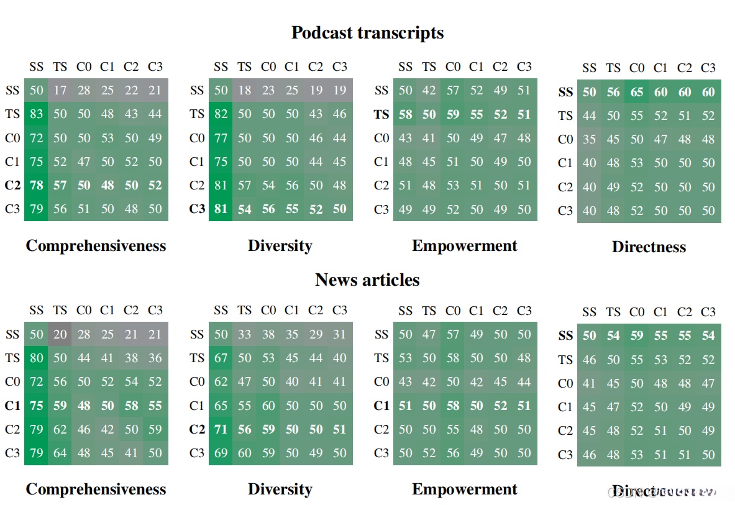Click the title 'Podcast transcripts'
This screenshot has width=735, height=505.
click(367, 32)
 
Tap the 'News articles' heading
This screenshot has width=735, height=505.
click(367, 280)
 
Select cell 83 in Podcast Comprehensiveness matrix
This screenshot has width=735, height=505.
click(37, 114)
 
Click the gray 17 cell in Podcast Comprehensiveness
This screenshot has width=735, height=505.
click(60, 91)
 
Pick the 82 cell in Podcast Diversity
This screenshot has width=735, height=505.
click(221, 114)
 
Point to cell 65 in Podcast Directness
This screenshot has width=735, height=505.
click(637, 92)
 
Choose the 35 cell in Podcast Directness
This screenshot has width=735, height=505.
click(589, 139)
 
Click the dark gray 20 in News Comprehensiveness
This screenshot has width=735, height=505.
click(60, 334)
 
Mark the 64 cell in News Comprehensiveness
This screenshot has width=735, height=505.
click(60, 453)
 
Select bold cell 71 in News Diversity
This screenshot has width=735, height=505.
click(221, 429)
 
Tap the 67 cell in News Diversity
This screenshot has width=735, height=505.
click(221, 358)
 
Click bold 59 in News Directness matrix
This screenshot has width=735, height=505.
click(637, 335)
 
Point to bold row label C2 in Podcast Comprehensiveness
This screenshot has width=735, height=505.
click(12, 185)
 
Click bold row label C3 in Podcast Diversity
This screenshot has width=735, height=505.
click(197, 209)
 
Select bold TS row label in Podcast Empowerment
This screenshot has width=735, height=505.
click(381, 114)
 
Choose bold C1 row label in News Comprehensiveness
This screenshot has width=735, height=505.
click(12, 406)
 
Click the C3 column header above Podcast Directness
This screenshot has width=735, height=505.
click(708, 68)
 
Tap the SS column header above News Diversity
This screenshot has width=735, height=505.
click(221, 310)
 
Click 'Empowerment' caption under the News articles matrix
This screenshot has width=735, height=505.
click(465, 489)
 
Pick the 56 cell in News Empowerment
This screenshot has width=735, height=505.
click(454, 453)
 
